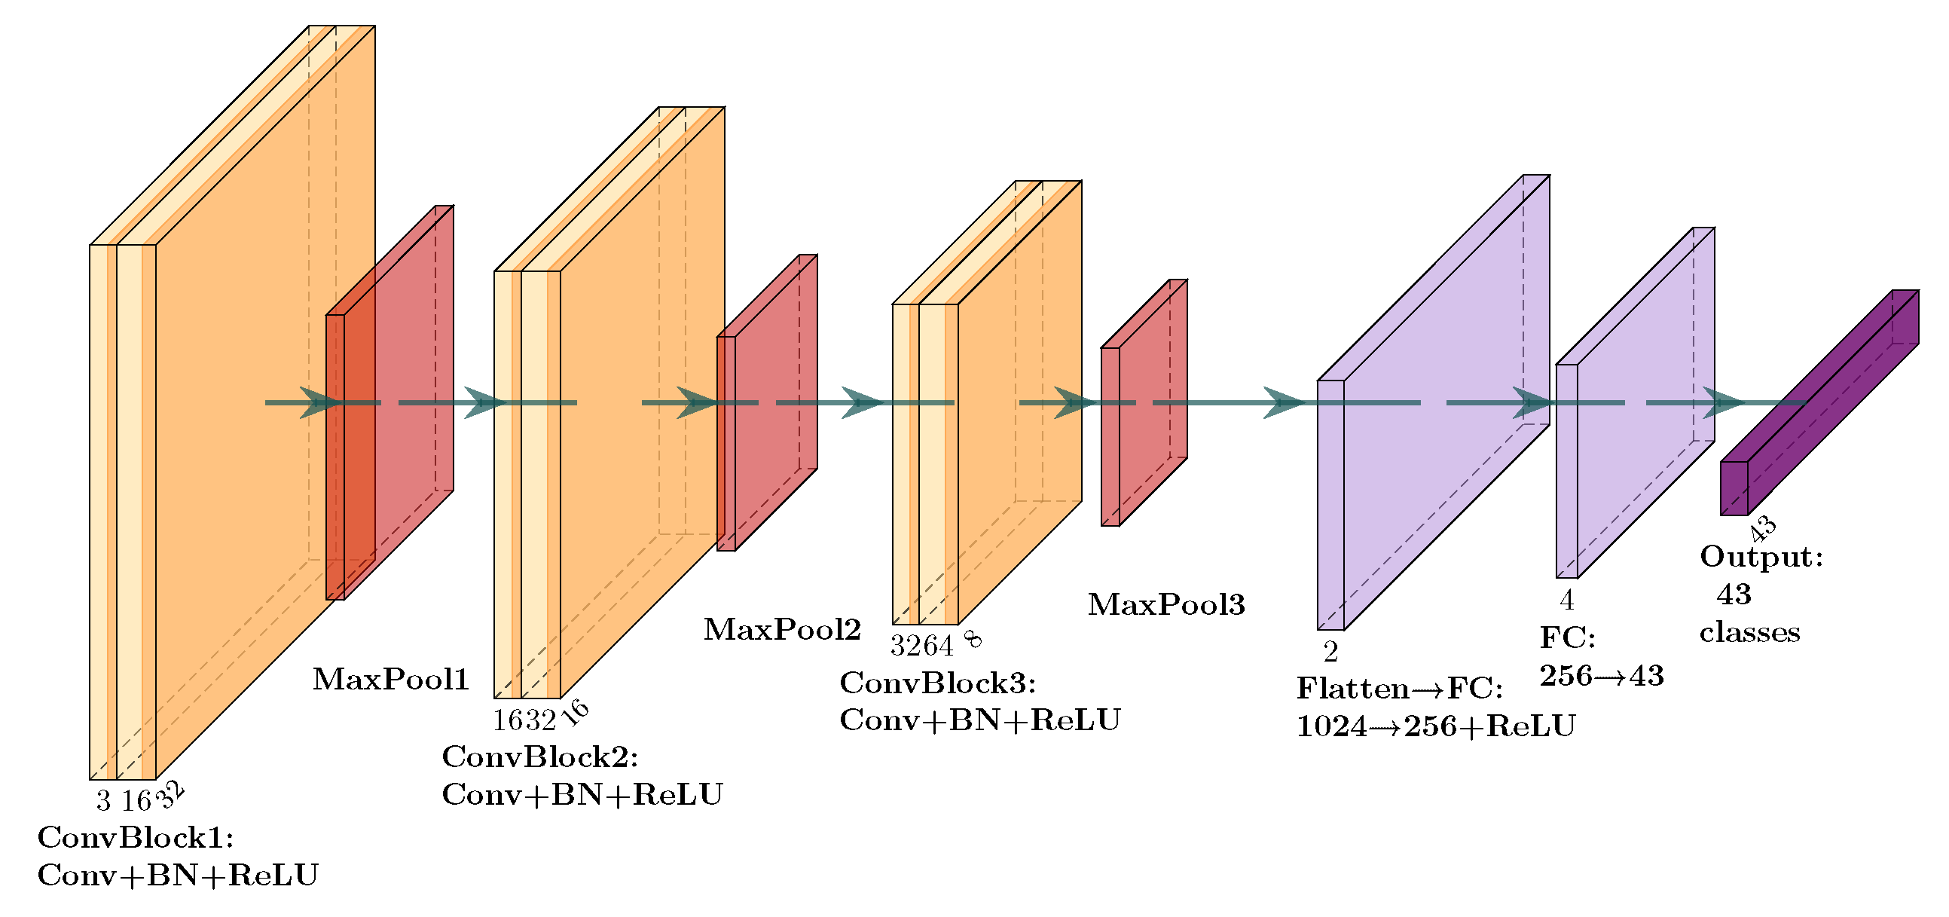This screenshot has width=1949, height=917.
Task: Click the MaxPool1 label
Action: tap(390, 680)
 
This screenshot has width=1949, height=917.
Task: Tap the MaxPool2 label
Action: tap(781, 629)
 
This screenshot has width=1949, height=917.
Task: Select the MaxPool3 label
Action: tap(1166, 604)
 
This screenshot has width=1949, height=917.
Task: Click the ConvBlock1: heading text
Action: tap(136, 838)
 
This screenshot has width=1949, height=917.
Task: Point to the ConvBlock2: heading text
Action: tap(540, 757)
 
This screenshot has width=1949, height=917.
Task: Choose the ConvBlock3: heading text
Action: tap(937, 683)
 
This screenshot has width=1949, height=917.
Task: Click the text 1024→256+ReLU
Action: tap(1435, 726)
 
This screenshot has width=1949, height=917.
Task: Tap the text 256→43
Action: tap(1601, 676)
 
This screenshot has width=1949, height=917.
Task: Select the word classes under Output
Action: tap(1749, 632)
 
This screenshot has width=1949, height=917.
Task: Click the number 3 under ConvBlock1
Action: tap(104, 800)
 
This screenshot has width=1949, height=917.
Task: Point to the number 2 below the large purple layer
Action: tap(1330, 652)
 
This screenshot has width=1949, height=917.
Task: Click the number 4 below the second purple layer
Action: tap(1566, 601)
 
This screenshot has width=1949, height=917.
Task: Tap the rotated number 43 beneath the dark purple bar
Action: tap(1762, 528)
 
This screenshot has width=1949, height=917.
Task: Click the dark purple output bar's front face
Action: tap(1734, 488)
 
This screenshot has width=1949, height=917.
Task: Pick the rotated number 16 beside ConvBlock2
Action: tap(576, 712)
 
